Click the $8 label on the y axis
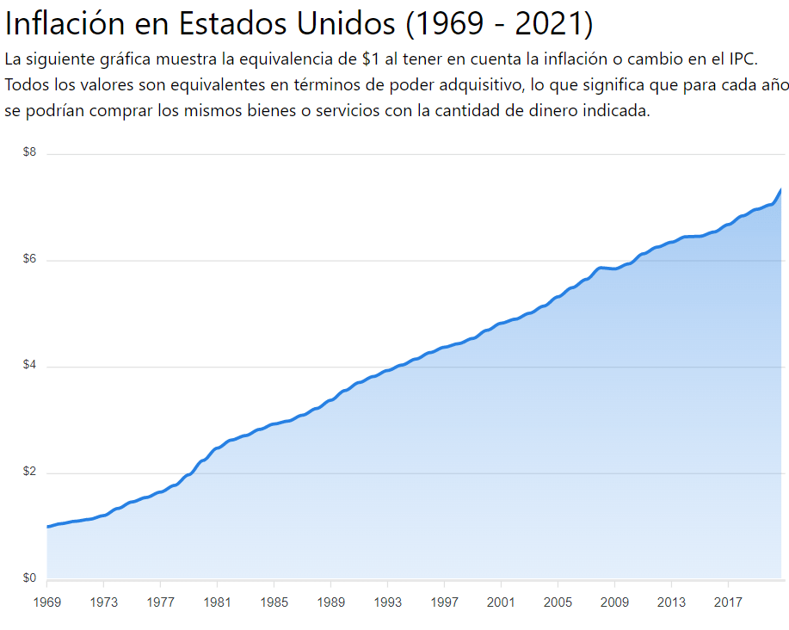[x=29, y=152]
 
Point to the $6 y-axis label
[x=29, y=259]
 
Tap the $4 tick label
[x=29, y=366]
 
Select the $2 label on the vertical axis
[x=29, y=472]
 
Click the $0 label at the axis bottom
[x=29, y=578]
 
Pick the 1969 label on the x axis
[x=47, y=602]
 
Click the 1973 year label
[x=103, y=602]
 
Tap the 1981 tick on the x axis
[x=217, y=602]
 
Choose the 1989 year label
[x=330, y=602]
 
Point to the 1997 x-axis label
[x=444, y=602]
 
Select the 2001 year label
[x=501, y=602]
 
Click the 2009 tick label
[x=614, y=602]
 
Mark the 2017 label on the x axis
[x=728, y=602]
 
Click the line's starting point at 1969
[x=48, y=527]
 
